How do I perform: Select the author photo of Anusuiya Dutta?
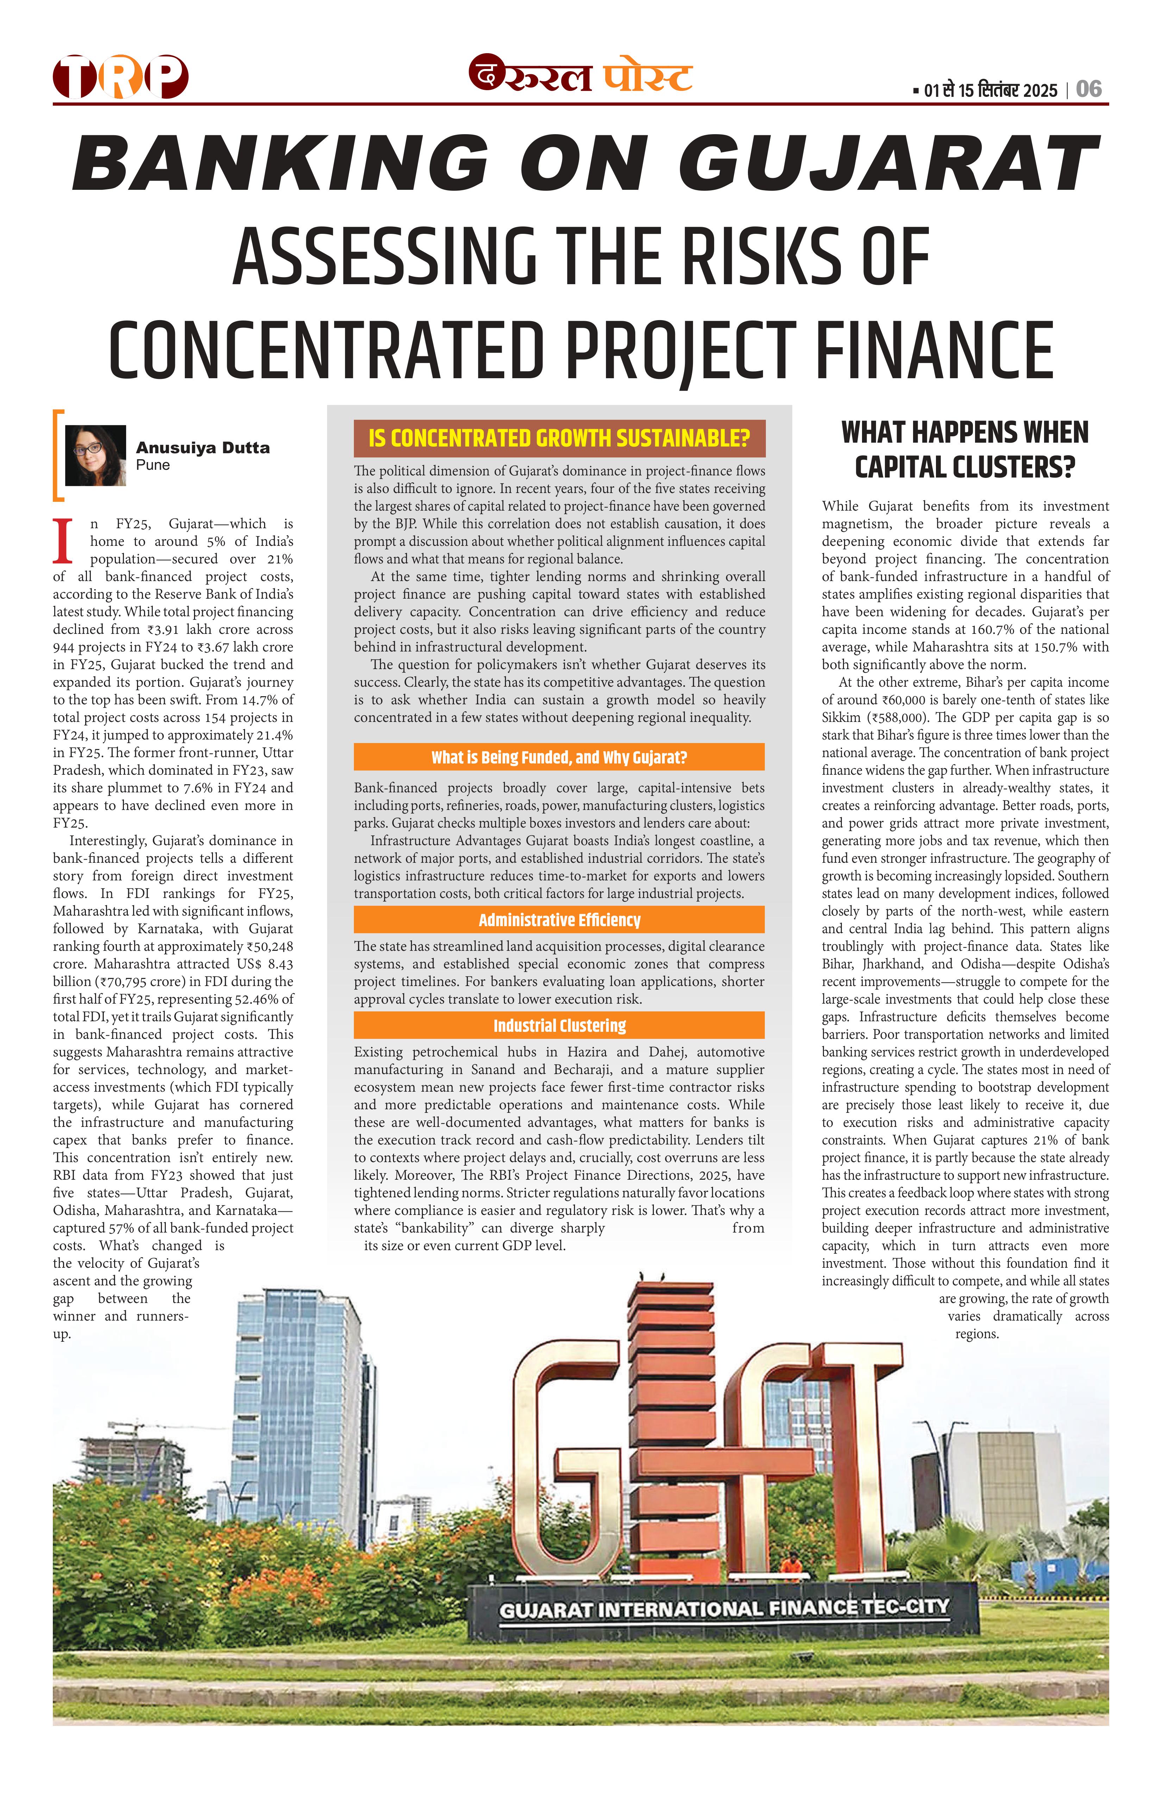pos(96,455)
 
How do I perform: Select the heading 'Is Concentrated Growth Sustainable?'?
pos(559,438)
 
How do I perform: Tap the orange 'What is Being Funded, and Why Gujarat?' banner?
pos(559,757)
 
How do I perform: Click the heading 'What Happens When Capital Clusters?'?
pos(965,450)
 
